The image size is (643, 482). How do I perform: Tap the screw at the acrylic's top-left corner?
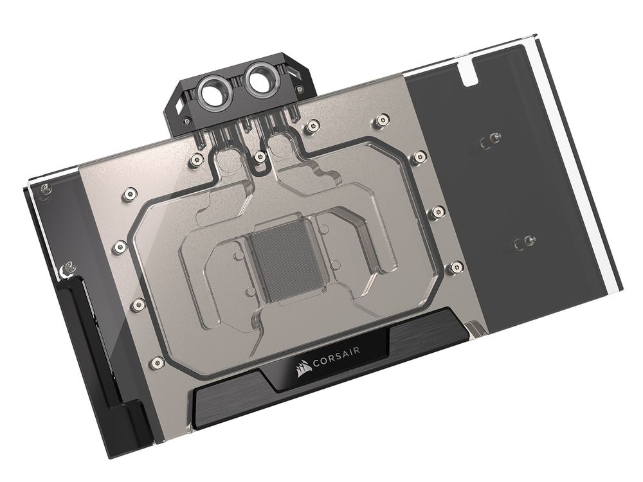44,189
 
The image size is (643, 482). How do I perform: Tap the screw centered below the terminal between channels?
259,156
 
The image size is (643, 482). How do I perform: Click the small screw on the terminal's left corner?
186,120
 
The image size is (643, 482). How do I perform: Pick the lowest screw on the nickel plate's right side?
456,267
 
